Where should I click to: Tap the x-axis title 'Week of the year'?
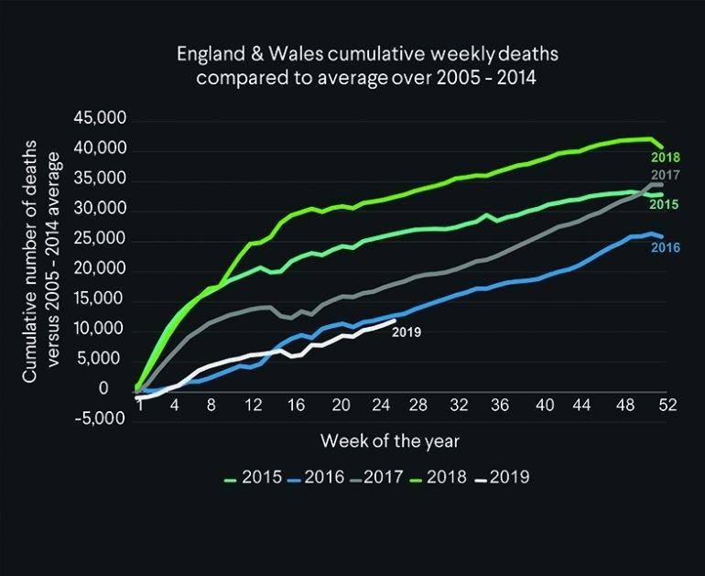click(389, 440)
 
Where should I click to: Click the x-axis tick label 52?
click(666, 406)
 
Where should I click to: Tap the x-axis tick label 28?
click(418, 406)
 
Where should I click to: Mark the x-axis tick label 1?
click(140, 406)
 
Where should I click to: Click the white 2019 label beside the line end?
click(406, 332)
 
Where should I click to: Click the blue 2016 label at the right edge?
click(666, 246)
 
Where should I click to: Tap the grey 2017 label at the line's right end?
click(666, 175)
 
